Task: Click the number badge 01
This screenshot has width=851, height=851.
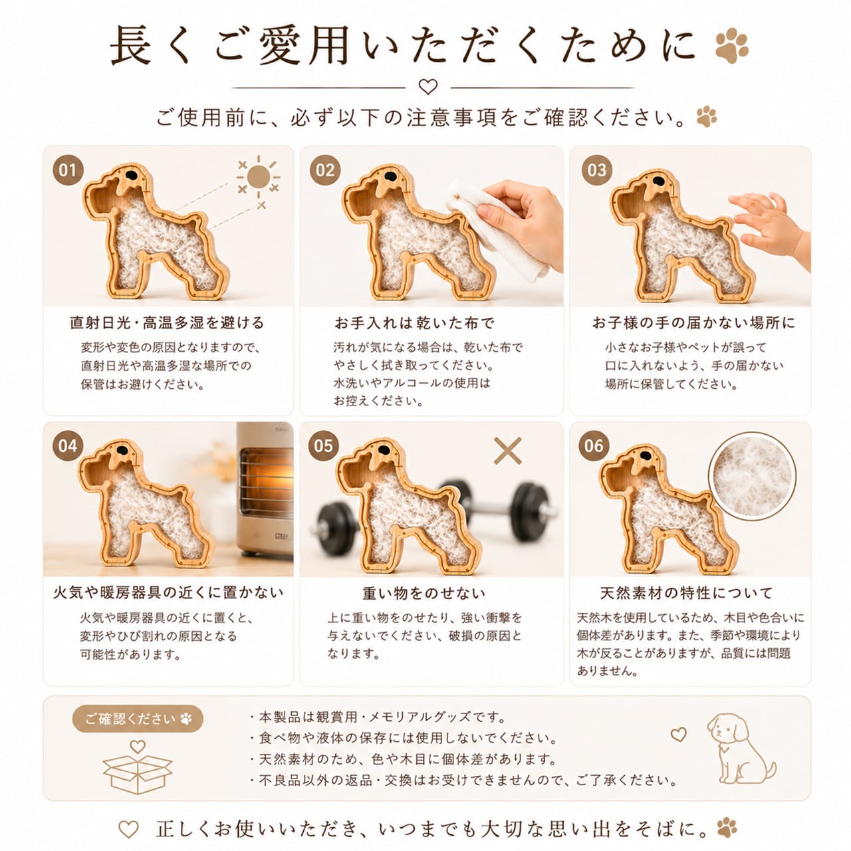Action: click(68, 170)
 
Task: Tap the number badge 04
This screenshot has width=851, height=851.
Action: click(68, 445)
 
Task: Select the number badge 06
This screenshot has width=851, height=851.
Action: click(594, 445)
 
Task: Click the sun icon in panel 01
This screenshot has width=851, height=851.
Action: click(259, 177)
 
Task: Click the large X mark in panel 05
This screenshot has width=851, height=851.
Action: click(507, 451)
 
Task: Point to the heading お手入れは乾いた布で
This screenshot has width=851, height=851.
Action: click(414, 323)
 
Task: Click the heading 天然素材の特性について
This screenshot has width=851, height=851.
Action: click(686, 592)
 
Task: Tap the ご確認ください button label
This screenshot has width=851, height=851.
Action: click(138, 719)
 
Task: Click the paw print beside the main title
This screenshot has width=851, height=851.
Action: click(732, 45)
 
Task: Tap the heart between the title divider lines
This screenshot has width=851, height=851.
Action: click(428, 86)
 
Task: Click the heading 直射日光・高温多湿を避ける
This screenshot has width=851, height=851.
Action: click(167, 323)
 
